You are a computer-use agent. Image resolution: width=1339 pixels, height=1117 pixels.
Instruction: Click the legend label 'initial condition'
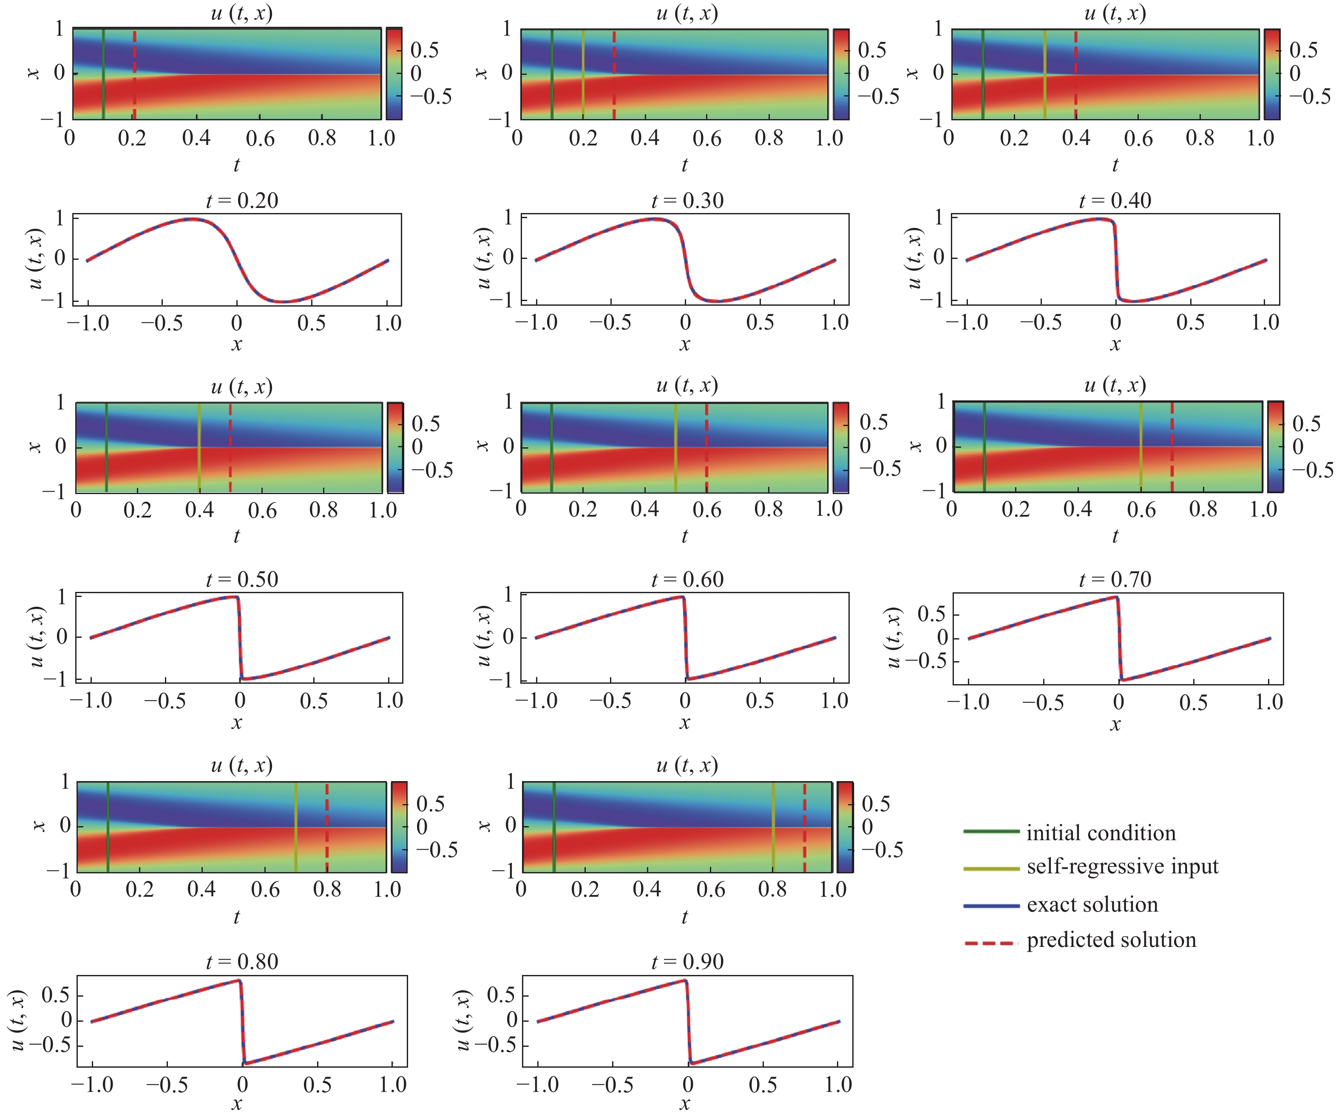pyautogui.click(x=1101, y=833)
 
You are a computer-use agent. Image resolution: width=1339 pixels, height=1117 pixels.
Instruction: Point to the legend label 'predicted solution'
pyautogui.click(x=1111, y=940)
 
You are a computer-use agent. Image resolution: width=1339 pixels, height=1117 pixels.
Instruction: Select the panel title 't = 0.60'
pyautogui.click(x=687, y=579)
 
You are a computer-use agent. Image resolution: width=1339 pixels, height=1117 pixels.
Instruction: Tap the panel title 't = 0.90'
pyautogui.click(x=687, y=961)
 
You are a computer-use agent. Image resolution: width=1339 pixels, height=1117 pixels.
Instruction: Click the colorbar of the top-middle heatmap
pyautogui.click(x=842, y=74)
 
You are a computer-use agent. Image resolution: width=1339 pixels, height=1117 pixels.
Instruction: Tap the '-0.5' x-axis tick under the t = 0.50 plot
pyautogui.click(x=165, y=701)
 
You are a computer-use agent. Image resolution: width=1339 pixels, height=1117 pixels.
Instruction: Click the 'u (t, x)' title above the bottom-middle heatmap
pyautogui.click(x=687, y=765)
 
